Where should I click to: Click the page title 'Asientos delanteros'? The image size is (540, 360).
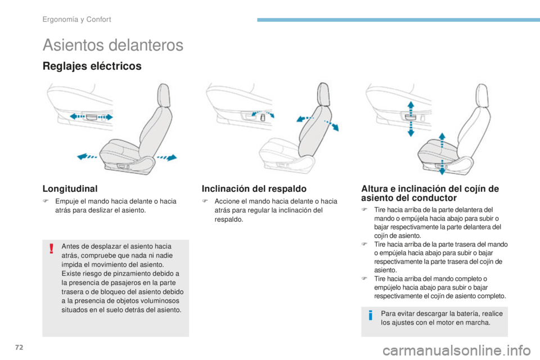coord(112,45)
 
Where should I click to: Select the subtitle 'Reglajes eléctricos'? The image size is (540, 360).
coord(92,66)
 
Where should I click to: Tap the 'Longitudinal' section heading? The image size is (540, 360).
coord(69,190)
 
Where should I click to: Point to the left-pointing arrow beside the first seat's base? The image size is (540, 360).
coord(86,157)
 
